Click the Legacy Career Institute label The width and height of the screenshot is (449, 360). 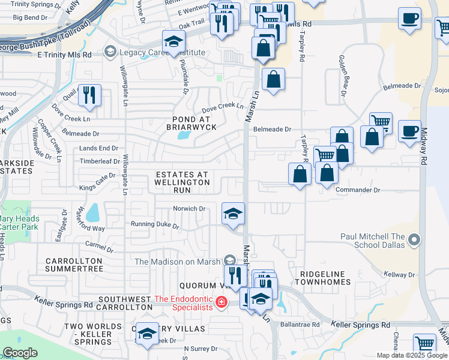(x=162, y=52)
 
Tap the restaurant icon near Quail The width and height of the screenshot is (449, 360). (x=89, y=95)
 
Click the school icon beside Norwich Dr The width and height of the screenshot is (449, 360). (x=233, y=214)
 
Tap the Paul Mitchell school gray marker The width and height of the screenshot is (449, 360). (x=414, y=241)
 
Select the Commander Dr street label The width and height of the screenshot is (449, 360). (x=358, y=190)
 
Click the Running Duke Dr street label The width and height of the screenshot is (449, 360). (x=155, y=226)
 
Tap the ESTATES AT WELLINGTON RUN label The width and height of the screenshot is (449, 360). (x=182, y=182)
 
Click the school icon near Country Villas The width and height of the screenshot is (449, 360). (x=147, y=334)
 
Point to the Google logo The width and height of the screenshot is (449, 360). (x=20, y=353)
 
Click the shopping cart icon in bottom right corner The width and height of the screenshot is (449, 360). (x=425, y=344)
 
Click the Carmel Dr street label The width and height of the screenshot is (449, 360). (x=99, y=246)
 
